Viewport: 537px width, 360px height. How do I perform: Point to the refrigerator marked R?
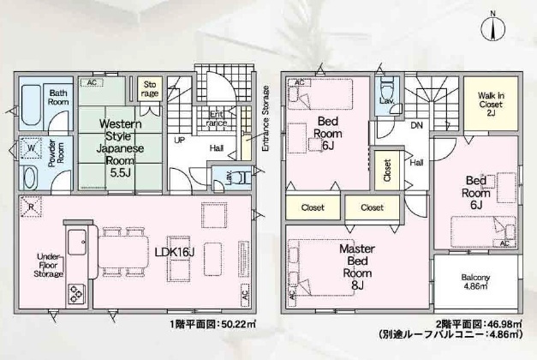pyautogui.click(x=31, y=207)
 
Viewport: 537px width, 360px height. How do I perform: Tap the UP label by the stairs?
pyautogui.click(x=181, y=140)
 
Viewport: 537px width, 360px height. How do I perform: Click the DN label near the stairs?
pyautogui.click(x=415, y=125)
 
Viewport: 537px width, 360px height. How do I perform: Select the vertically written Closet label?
pyautogui.click(x=387, y=168)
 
